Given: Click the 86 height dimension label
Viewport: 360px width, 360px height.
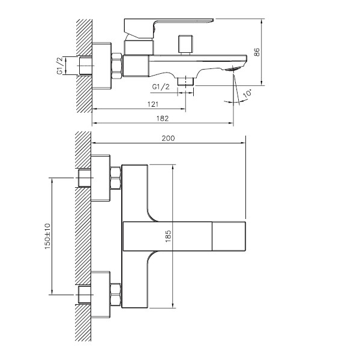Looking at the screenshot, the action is click(257, 52).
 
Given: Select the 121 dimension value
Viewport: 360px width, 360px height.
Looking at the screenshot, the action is click(153, 104).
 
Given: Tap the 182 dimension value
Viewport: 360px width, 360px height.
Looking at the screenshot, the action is click(163, 118).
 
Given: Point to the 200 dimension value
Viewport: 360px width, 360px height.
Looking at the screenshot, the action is click(168, 138).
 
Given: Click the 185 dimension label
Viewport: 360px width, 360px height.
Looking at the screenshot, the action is click(168, 236).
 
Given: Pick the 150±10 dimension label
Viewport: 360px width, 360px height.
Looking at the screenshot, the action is click(47, 236).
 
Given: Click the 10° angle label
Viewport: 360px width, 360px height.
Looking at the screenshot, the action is click(247, 94).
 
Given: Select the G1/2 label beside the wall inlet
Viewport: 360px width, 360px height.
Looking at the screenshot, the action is click(59, 65).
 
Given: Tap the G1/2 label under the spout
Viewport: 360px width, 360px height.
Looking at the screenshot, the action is click(161, 87).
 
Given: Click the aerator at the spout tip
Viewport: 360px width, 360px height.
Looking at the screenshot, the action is click(233, 68).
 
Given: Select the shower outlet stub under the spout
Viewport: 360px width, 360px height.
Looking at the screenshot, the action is click(186, 81).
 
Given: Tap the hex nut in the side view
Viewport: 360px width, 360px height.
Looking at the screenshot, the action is click(116, 66).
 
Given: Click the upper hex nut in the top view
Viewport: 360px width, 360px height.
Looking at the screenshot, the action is click(115, 178).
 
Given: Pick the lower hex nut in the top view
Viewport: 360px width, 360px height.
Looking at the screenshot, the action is click(115, 295).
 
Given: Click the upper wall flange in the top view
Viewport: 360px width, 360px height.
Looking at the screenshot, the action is click(101, 178).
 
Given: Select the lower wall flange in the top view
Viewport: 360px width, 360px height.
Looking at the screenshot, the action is click(101, 295).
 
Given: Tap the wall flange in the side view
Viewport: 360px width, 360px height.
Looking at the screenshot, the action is click(101, 66).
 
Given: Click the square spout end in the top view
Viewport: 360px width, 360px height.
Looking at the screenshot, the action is click(229, 236).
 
